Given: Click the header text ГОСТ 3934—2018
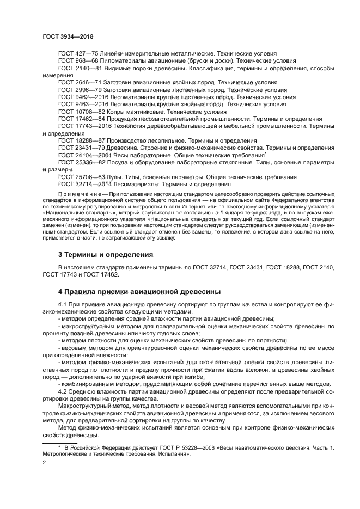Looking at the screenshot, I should pyautogui.click(x=68, y=36).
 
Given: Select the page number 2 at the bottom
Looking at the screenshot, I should pyautogui.click(x=44, y=462).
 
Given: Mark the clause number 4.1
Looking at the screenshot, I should pyautogui.click(x=62, y=304).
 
